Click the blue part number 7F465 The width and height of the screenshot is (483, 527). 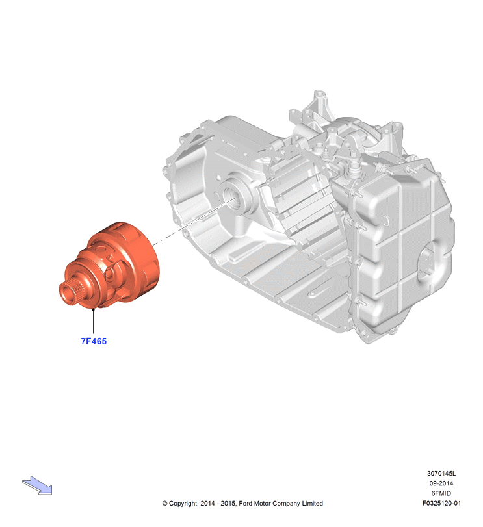[x=94, y=341]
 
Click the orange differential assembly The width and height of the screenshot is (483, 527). [x=111, y=264]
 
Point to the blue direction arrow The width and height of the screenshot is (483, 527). [x=37, y=485]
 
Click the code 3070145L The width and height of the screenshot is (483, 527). [x=441, y=474]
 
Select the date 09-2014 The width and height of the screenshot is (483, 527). [x=441, y=483]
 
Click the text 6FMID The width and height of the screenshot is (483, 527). [x=441, y=493]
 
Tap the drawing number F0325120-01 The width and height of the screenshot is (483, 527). [x=441, y=503]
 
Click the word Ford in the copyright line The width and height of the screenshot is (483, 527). [x=245, y=503]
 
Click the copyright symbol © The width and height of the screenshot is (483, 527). [x=164, y=504]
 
